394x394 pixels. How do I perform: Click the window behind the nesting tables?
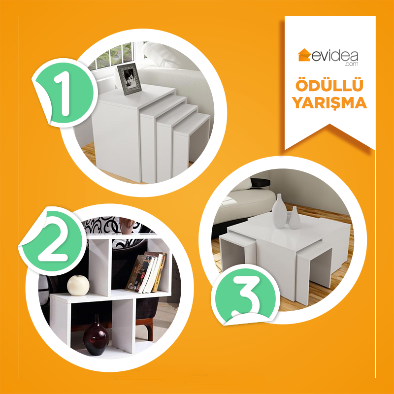[x=114, y=54]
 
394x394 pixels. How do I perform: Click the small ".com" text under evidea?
[x=352, y=64]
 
